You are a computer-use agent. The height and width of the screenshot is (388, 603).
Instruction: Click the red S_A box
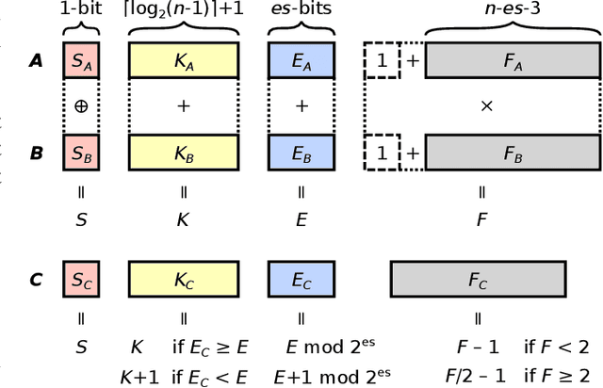(80, 62)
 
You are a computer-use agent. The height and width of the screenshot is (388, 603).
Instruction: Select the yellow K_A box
(183, 62)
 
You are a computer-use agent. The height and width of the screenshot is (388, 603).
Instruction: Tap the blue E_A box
(301, 62)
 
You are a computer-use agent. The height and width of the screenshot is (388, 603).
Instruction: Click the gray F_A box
(511, 62)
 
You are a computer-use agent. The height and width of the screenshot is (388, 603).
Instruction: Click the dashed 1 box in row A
(382, 62)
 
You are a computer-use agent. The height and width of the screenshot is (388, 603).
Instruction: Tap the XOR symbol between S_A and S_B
(80, 106)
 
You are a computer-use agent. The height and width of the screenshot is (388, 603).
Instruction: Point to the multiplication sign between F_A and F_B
(487, 106)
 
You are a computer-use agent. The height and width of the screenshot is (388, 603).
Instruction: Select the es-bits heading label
(301, 8)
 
